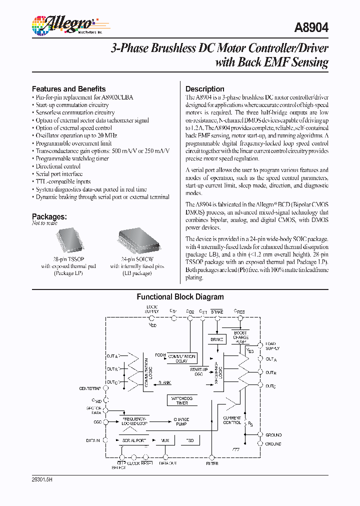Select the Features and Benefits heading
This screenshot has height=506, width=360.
68,88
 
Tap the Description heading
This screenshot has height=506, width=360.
204,89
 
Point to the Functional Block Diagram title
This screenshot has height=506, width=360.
180,296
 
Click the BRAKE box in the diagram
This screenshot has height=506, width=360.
216,339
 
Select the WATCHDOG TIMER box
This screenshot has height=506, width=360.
182,400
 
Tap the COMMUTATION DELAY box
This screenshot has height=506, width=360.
181,358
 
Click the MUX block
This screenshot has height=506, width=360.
165,440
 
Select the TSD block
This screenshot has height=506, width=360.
190,440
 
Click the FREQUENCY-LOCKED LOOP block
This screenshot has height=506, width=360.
133,420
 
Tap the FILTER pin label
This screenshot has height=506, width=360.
212,463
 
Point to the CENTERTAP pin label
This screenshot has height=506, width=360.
90,388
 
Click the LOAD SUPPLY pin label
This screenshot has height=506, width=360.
272,346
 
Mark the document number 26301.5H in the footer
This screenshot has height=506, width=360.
42,479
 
